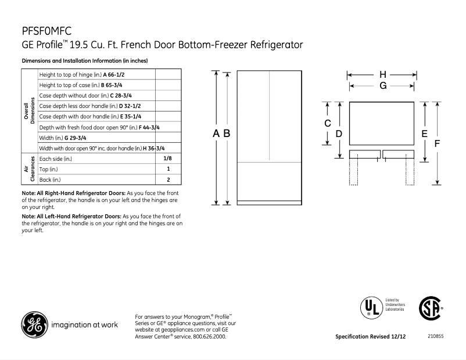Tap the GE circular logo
[35, 325]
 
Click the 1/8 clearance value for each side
[167, 158]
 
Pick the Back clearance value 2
[168, 179]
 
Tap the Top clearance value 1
[168, 169]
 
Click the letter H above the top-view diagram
[382, 75]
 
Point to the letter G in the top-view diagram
[382, 86]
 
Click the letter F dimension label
[437, 143]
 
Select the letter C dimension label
[327, 123]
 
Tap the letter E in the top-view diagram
[425, 134]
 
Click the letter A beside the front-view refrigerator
[216, 134]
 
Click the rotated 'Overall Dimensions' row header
[29, 110]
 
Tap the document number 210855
[435, 337]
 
